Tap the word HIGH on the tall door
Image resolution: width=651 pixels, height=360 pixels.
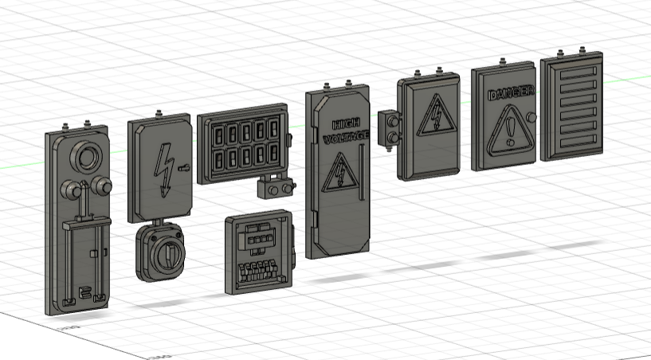coord(345,124)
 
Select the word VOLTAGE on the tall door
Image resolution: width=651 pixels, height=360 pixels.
coord(346,138)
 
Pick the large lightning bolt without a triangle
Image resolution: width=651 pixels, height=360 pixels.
coord(167,169)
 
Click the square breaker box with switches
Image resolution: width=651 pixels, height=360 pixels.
coord(257,251)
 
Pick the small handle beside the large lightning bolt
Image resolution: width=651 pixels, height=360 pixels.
coord(185,169)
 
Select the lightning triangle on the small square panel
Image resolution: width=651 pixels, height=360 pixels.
coord(436,119)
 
